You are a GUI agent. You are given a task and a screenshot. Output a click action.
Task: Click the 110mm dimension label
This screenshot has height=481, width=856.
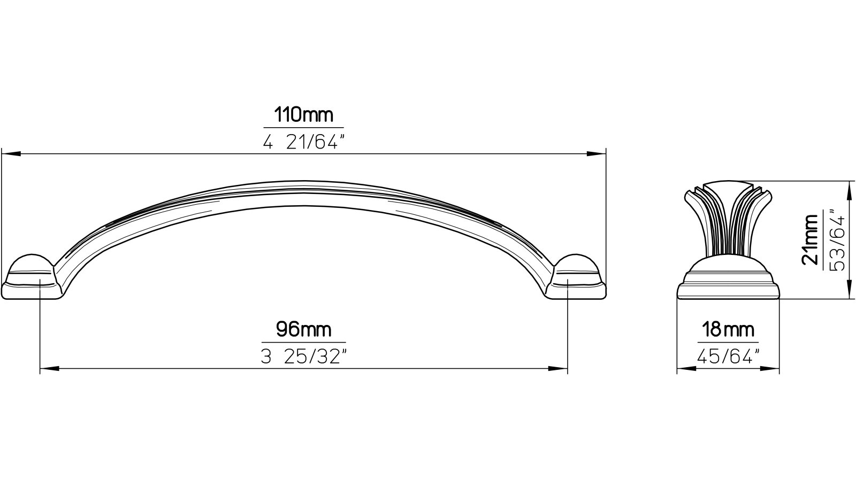point(303,115)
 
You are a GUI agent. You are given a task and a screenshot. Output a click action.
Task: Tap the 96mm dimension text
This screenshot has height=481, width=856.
point(303,329)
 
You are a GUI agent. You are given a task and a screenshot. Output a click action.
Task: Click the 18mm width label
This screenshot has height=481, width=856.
point(728,329)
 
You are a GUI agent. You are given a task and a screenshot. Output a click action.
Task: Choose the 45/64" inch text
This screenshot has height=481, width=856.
point(728,356)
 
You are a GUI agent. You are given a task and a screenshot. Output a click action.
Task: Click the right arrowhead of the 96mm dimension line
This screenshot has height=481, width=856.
point(559,368)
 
